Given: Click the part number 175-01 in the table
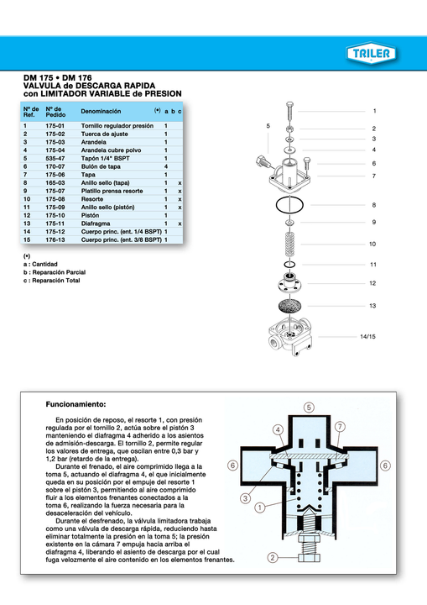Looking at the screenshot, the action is pos(55,125).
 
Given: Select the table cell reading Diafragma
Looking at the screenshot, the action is pos(98,224).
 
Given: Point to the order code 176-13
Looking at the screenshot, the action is pos(55,239).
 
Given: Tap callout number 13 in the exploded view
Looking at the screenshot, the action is pos(372,306).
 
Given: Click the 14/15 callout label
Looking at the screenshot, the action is pos(367,337).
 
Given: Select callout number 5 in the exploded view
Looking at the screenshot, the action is pos(268,126).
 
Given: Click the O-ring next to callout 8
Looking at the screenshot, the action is pos(289,205).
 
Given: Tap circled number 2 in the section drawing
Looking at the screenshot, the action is pos(273,558).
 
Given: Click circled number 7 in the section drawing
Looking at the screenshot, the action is pos(340,427).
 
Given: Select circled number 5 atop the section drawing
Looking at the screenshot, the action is pos(309,407).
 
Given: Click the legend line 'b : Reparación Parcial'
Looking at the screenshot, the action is pos(55,272).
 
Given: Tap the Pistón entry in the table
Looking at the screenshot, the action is pos(91,215).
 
